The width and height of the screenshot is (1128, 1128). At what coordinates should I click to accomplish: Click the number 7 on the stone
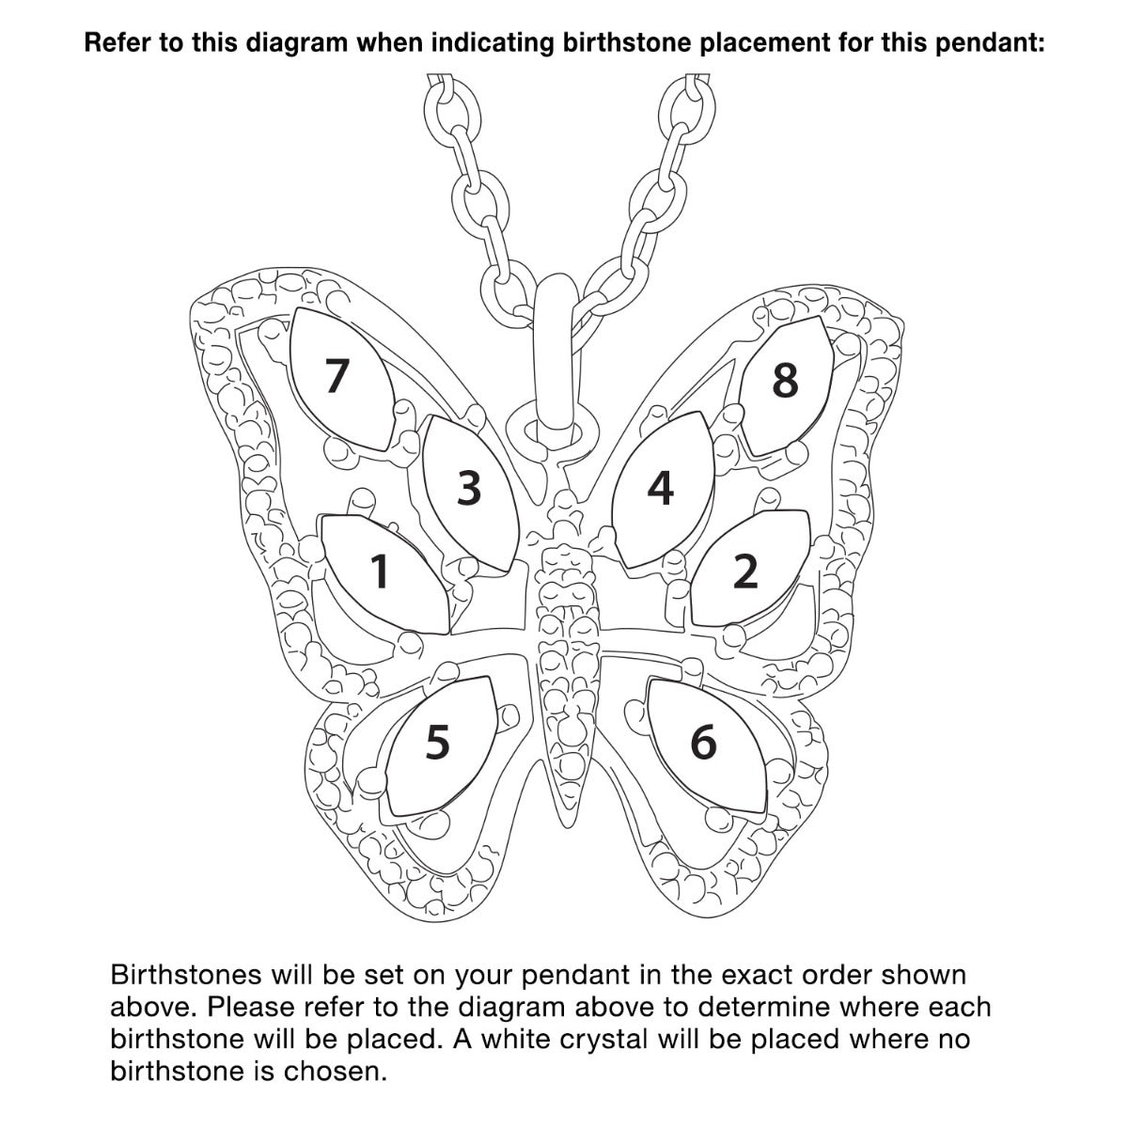(337, 375)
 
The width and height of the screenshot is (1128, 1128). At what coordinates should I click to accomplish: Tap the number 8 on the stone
(785, 380)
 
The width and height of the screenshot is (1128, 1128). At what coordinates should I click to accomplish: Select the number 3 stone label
(469, 488)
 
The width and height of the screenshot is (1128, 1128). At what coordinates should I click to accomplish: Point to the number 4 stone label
(660, 488)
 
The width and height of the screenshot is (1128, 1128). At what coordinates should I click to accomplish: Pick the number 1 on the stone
(380, 571)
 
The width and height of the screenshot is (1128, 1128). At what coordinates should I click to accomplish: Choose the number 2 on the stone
(745, 571)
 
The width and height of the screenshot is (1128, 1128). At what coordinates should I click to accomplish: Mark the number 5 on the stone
(437, 743)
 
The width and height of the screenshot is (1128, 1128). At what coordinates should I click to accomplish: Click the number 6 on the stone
(704, 742)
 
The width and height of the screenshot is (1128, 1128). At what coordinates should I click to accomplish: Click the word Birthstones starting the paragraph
(186, 975)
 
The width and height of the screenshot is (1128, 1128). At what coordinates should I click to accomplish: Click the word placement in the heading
(764, 43)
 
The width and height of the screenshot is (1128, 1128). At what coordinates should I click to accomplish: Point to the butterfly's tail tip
(568, 826)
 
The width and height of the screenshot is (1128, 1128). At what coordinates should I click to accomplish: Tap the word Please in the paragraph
(247, 1007)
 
